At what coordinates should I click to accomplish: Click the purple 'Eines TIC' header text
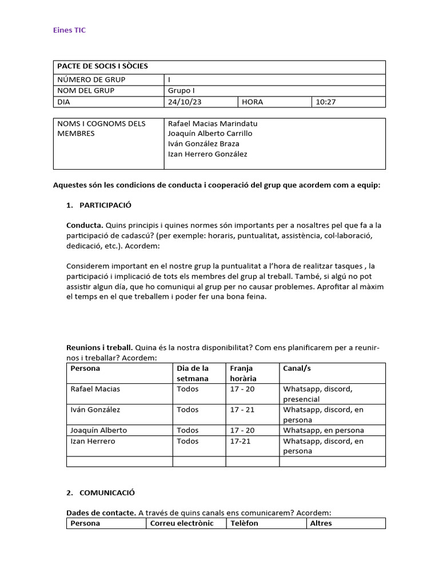coord(69,30)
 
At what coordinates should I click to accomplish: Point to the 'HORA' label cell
coord(252,102)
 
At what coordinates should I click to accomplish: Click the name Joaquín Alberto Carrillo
coord(210,134)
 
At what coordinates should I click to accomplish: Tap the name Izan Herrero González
coord(207,154)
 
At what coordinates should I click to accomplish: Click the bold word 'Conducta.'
coord(85,226)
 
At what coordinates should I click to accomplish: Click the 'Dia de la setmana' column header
coord(193,373)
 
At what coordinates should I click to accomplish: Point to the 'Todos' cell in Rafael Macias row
coord(187,389)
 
